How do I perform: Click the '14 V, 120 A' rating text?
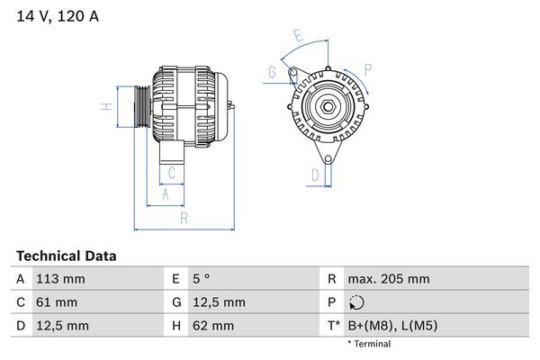[57, 15]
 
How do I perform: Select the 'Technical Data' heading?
[66, 256]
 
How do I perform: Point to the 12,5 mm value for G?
[216, 301]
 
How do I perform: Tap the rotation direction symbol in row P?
[358, 302]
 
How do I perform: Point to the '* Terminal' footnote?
[369, 344]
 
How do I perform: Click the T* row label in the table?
[332, 325]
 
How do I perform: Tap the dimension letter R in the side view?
[183, 218]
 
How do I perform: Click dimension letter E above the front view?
[299, 36]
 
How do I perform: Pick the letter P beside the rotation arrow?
[368, 67]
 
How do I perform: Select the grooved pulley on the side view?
[141, 109]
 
